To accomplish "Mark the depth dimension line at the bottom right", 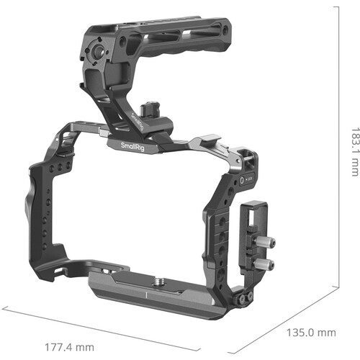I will point(288,317).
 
